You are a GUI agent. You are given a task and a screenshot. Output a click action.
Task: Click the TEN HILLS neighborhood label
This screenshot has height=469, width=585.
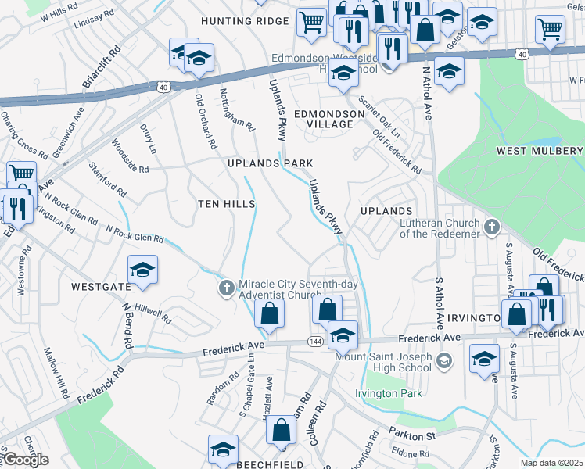tap(227, 203)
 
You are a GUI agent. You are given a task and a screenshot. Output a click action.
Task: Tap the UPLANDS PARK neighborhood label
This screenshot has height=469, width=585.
tap(270, 163)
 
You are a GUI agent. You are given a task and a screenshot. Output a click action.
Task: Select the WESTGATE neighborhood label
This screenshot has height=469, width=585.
tap(101, 287)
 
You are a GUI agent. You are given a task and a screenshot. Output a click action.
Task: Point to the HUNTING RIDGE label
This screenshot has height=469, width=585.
tap(245, 21)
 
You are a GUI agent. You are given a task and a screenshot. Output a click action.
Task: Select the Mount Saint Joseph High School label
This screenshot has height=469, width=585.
tap(383, 362)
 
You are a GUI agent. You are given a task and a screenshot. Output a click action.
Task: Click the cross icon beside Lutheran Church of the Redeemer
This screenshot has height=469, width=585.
tap(492, 227)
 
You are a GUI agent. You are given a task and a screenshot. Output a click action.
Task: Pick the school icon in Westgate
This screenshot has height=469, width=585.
tap(142, 270)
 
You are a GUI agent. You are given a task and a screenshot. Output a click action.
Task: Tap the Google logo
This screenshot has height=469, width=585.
tap(26, 460)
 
